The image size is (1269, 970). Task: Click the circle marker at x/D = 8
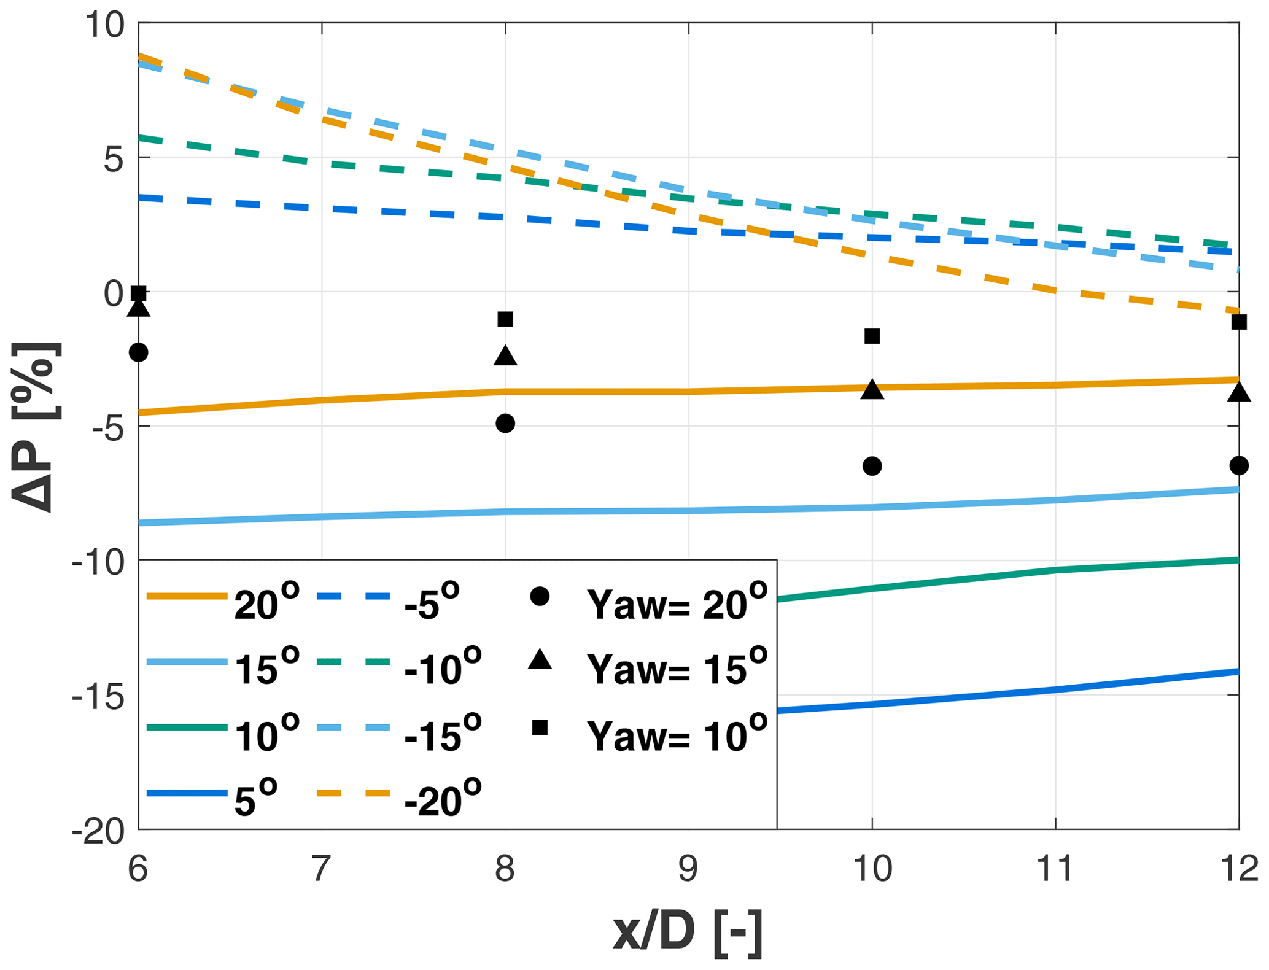point(505,423)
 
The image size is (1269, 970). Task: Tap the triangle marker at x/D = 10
point(872,389)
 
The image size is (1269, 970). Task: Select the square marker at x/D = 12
point(1238,322)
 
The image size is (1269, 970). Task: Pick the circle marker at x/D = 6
point(139,352)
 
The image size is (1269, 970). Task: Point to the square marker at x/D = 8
point(505,319)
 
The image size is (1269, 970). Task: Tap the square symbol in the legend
point(540,728)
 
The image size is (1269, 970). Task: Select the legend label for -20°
point(443,799)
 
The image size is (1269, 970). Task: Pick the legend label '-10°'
point(443,668)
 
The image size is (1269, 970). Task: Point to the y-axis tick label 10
point(104,26)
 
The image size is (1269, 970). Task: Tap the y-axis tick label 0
point(114,293)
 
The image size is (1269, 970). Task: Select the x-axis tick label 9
point(688,869)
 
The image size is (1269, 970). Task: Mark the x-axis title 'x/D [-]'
point(688,934)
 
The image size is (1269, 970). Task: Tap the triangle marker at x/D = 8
point(505,355)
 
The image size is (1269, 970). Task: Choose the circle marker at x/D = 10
point(872,466)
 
